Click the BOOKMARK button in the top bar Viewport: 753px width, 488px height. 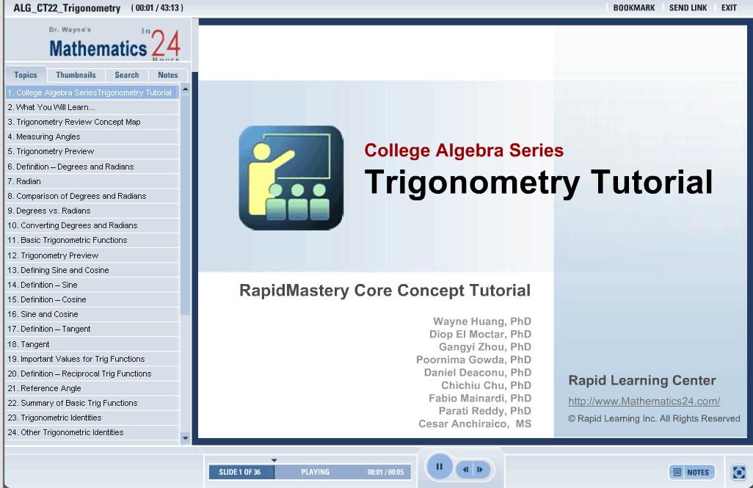tap(634, 7)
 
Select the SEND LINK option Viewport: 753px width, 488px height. tap(688, 7)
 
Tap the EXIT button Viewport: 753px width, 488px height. tap(729, 7)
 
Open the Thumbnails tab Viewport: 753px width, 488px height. tap(76, 75)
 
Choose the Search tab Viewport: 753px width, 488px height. tap(127, 75)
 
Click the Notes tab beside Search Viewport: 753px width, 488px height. tap(167, 75)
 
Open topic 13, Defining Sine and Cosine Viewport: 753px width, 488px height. tap(58, 270)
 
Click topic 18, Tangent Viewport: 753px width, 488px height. tap(29, 344)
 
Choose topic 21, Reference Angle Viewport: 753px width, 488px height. tap(44, 389)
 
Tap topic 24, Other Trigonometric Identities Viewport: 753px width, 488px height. tap(65, 433)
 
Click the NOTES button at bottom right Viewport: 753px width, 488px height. tap(692, 472)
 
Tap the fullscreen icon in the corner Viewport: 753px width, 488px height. tap(738, 472)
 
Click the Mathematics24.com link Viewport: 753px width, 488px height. tap(644, 401)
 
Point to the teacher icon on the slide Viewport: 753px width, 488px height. tap(291, 178)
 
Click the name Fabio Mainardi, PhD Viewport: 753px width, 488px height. tap(480, 398)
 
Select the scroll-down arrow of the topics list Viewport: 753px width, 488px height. tap(186, 437)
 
